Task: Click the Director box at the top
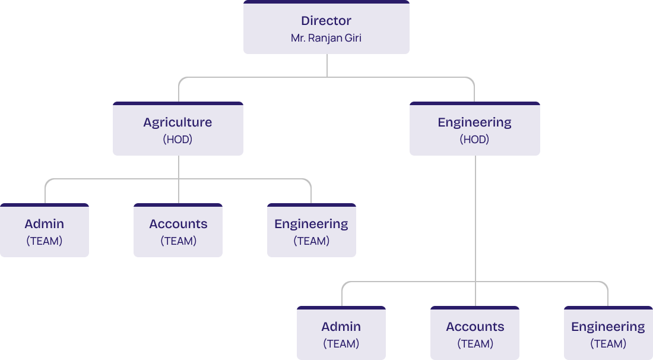(326, 28)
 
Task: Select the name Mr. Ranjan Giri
(326, 38)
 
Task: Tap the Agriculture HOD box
(177, 130)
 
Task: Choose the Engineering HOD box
(474, 130)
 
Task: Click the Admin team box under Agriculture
(45, 231)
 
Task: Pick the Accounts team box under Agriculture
(178, 231)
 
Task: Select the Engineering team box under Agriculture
(311, 231)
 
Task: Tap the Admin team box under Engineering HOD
(341, 334)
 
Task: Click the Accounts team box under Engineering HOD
(475, 334)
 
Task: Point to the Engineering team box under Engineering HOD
(608, 334)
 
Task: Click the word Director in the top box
(326, 21)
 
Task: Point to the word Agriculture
(177, 122)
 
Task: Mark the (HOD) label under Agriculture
(177, 140)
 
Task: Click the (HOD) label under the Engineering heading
(474, 140)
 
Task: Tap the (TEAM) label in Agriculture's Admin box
(45, 241)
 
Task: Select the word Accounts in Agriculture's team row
(178, 224)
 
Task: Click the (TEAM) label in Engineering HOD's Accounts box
(475, 344)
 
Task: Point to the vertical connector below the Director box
(327, 65)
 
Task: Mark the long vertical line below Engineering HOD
(476, 220)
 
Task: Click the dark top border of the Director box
(326, 2)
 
